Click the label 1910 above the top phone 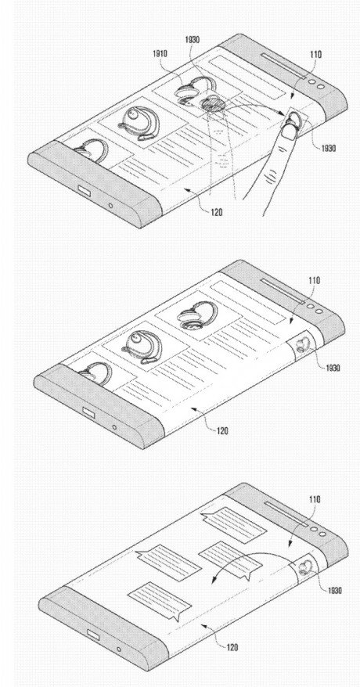[160, 54]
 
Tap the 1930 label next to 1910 [192, 40]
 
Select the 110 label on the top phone [315, 55]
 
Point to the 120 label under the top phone [216, 213]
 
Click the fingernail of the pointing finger [289, 129]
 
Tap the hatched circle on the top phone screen [214, 104]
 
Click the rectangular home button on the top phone [84, 190]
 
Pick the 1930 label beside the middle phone [333, 368]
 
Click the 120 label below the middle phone [221, 431]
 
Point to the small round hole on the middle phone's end [114, 426]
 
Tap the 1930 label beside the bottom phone [336, 590]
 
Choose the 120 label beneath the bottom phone [232, 647]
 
